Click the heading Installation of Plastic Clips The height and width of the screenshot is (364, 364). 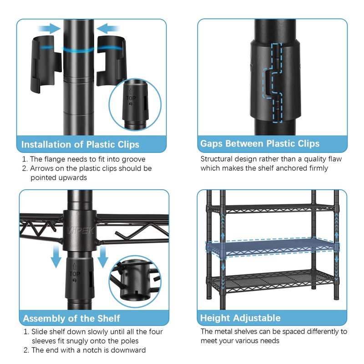pos(81,145)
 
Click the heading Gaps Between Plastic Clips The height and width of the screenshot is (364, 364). pos(260,144)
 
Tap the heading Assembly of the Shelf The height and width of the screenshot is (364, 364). pos(71,318)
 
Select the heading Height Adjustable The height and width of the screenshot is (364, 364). pos(240,318)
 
